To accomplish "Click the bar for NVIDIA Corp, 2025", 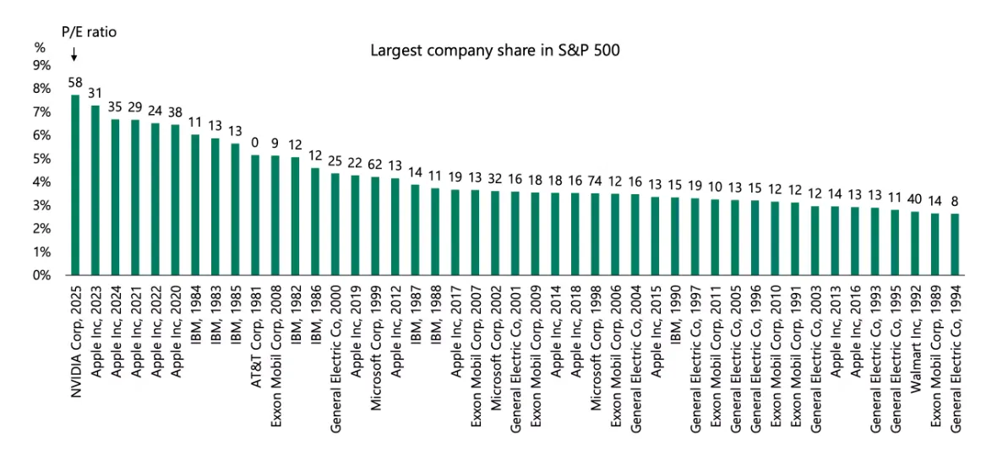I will click(75, 185).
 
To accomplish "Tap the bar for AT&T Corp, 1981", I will click(255, 215).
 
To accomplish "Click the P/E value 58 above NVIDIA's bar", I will click(75, 83).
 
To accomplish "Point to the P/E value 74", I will click(595, 182).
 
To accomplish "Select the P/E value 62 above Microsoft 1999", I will click(375, 165).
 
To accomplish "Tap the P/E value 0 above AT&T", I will click(255, 144).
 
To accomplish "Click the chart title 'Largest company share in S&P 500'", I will click(495, 50).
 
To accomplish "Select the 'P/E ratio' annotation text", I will click(88, 32).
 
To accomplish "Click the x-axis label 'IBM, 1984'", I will click(195, 313).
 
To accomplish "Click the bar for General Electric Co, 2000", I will click(335, 225).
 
